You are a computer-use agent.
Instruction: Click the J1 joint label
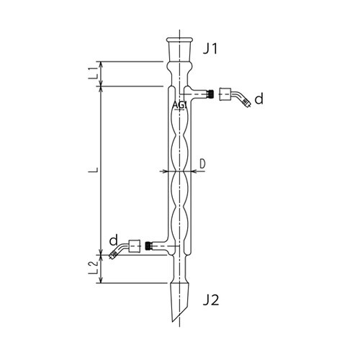click(x=210, y=49)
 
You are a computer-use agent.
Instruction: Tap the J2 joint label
click(x=211, y=300)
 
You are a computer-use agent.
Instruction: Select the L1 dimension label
click(x=94, y=73)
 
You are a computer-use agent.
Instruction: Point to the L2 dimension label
click(x=94, y=268)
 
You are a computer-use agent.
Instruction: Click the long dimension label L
click(x=94, y=170)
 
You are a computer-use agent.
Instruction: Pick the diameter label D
click(x=202, y=164)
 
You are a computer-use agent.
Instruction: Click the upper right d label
click(x=258, y=99)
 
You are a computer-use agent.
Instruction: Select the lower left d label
click(x=114, y=240)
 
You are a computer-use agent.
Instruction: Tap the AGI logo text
click(x=180, y=105)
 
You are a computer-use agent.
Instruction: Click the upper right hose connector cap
click(x=225, y=94)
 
